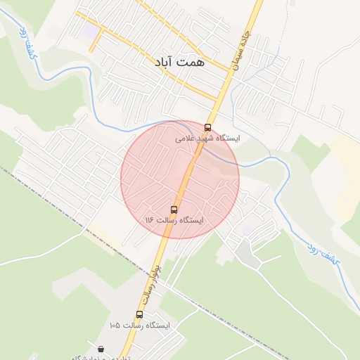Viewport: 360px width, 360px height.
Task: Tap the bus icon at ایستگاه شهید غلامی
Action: (207, 127)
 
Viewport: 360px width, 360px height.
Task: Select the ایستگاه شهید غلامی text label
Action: (207, 139)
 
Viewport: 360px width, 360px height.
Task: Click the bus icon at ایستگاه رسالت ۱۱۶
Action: (174, 210)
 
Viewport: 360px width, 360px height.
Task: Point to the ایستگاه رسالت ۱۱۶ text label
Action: (174, 221)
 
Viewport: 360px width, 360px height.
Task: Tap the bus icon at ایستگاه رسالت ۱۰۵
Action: (139, 314)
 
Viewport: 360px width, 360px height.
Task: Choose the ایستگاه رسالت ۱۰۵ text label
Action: (140, 326)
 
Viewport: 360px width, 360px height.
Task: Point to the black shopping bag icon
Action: (101, 349)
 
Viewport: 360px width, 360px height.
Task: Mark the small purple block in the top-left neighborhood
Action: (89, 32)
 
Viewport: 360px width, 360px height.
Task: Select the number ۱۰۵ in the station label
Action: (116, 326)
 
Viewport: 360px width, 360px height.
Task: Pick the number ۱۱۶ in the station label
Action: (149, 221)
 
